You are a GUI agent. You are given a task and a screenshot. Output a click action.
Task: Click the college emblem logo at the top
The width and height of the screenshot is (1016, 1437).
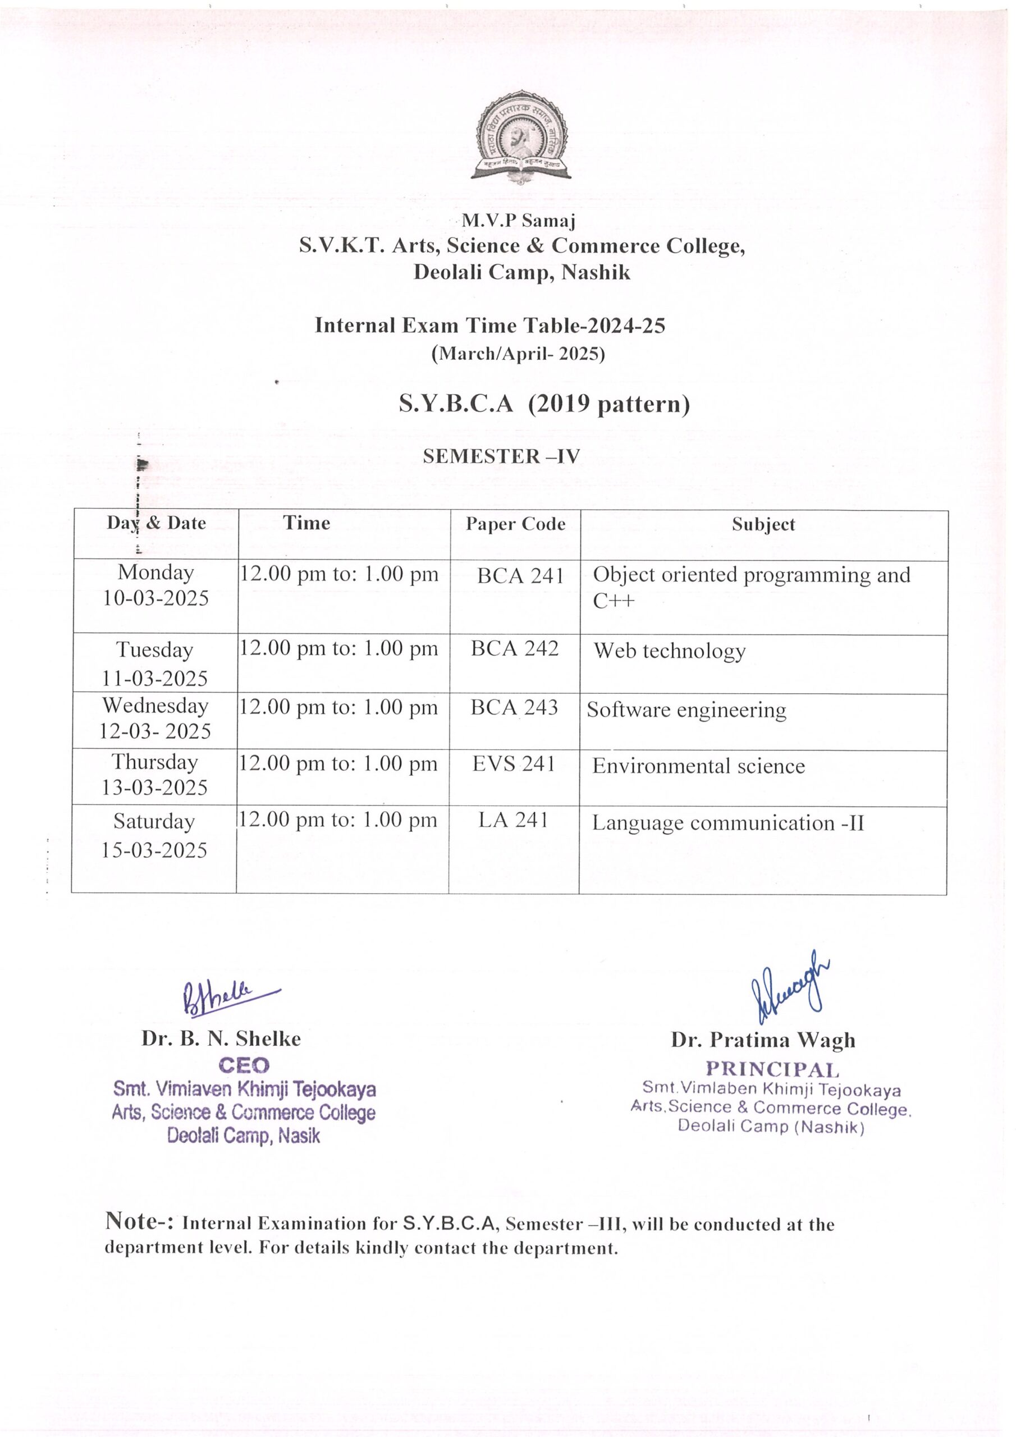tap(521, 137)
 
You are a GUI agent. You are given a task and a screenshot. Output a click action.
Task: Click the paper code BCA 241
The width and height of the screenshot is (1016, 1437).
tap(520, 576)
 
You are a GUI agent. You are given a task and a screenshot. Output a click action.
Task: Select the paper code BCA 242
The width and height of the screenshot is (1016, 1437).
tap(515, 648)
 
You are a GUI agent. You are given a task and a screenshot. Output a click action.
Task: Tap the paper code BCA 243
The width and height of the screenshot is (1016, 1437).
tap(514, 707)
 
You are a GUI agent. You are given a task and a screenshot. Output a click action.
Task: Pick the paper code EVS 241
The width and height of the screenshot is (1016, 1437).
tap(513, 763)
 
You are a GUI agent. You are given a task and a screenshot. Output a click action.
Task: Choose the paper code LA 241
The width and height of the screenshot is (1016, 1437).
tap(513, 820)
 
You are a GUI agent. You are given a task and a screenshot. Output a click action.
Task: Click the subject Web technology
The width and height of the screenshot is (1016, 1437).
tap(669, 651)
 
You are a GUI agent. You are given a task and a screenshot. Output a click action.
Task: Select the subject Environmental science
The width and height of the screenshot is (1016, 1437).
tap(699, 766)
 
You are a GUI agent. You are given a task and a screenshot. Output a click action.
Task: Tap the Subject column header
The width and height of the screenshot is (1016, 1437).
tap(763, 524)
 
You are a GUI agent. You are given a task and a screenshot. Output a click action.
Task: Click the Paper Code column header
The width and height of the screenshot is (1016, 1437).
tap(515, 524)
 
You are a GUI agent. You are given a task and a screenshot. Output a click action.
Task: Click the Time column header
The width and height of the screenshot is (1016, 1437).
tap(306, 523)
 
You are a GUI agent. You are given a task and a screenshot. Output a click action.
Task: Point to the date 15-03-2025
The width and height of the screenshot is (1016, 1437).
tap(154, 850)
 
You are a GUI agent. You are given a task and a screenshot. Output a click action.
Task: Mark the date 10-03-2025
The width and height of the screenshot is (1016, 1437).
tap(156, 598)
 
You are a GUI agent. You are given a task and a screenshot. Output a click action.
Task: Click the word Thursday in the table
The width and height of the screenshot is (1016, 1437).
tap(154, 762)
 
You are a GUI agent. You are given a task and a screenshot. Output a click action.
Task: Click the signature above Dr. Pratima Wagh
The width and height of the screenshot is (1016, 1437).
tap(790, 985)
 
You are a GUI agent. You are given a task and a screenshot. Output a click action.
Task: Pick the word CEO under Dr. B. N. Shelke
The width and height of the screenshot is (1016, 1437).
tap(244, 1065)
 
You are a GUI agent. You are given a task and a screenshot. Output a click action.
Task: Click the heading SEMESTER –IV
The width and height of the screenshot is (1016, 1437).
tap(501, 456)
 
